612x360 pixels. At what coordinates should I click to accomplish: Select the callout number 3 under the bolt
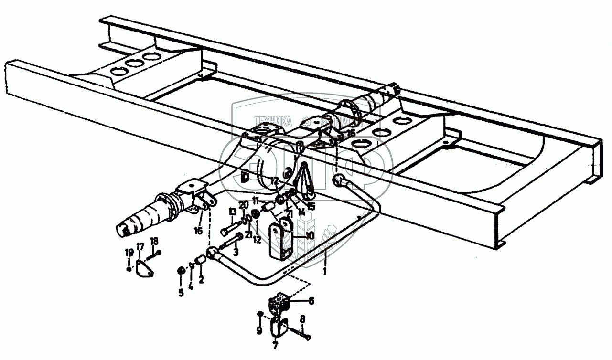[236, 252]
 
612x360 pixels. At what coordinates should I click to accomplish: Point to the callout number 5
[181, 293]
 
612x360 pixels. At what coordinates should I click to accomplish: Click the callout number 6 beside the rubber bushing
[312, 301]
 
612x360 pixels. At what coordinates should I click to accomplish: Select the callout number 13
[233, 212]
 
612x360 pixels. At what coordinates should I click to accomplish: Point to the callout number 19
[129, 253]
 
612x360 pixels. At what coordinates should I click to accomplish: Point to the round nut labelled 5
[182, 271]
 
